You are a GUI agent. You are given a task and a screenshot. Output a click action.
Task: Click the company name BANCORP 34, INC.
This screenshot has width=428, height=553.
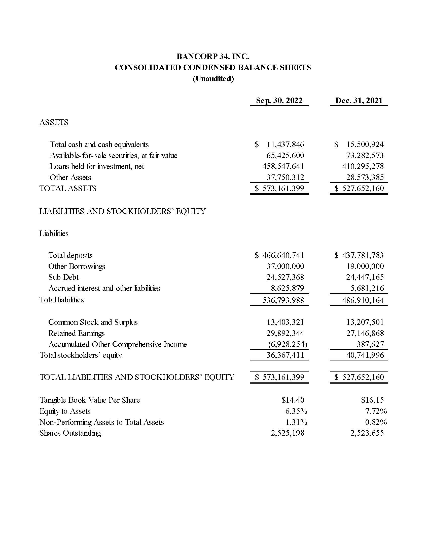[x=212, y=56]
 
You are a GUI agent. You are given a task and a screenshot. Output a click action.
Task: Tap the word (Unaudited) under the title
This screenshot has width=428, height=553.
[x=213, y=79]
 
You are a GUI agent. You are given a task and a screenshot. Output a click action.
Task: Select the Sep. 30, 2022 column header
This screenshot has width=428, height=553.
[x=279, y=101]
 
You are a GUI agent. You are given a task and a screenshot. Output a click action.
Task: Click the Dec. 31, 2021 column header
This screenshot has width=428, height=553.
[x=359, y=101]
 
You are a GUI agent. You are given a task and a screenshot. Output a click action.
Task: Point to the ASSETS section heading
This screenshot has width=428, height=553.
[x=54, y=122]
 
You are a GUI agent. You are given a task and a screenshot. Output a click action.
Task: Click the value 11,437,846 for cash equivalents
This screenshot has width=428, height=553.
[x=285, y=145]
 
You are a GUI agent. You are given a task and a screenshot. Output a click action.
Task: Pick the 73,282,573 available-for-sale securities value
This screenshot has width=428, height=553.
[x=365, y=155]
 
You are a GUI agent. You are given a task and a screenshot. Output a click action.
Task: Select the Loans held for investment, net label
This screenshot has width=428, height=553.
[x=97, y=166]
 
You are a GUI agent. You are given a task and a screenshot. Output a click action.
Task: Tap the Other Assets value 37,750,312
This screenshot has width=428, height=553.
[x=285, y=177]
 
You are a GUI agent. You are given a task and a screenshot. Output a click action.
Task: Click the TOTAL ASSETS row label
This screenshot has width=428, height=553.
[x=68, y=188]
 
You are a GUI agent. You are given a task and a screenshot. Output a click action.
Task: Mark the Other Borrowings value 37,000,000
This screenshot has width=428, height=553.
[x=285, y=266]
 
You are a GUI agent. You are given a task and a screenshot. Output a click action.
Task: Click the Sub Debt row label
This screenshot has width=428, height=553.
[x=63, y=277]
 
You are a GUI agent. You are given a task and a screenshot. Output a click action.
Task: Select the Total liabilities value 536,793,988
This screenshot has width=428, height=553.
[x=283, y=300]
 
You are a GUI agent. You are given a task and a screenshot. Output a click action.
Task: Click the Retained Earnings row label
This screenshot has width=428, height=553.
[x=76, y=333]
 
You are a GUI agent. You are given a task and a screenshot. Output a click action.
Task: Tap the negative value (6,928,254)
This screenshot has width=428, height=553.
[x=288, y=344]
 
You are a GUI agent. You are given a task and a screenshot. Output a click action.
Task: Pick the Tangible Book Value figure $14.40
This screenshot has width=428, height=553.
[x=293, y=400]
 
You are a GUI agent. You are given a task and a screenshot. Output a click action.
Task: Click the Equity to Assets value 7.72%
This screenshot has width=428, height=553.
[x=376, y=411]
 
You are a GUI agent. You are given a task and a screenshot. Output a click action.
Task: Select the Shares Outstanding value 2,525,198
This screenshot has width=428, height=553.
[x=288, y=433]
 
